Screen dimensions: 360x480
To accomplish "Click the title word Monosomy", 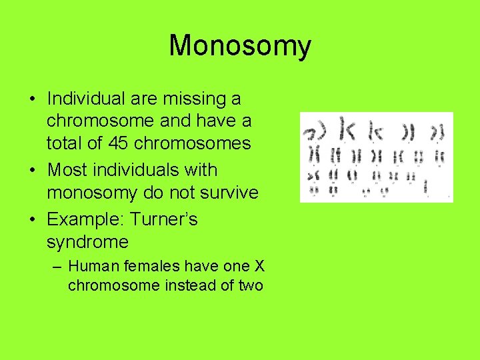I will [x=240, y=46].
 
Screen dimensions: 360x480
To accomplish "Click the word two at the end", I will [x=250, y=285].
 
